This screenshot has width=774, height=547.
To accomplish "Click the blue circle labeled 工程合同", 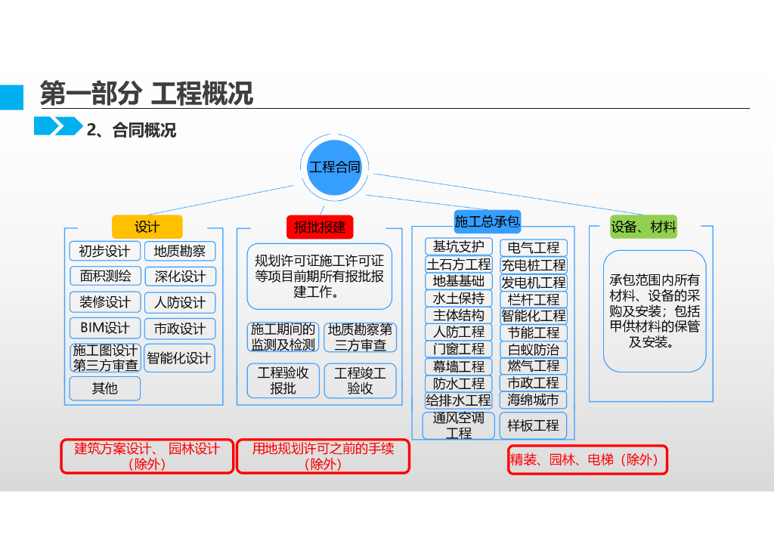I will (x=334, y=167).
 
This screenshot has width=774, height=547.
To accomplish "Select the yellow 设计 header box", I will (x=147, y=227).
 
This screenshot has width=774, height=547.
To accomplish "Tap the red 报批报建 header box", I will (x=320, y=227).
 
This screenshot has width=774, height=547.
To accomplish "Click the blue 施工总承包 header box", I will (x=488, y=221).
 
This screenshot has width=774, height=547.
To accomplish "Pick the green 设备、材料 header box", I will (x=643, y=227).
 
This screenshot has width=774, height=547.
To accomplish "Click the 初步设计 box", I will (x=104, y=251).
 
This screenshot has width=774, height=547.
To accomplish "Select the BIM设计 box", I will (x=104, y=328).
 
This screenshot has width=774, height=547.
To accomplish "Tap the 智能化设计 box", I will (x=179, y=357).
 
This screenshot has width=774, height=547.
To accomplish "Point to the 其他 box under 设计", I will (x=105, y=388).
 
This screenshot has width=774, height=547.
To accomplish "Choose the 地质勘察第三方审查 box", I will (x=361, y=337).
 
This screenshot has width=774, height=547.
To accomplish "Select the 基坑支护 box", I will (x=459, y=247).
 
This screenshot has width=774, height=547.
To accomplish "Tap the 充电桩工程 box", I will (x=534, y=265).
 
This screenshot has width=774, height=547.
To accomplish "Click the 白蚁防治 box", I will (x=534, y=350).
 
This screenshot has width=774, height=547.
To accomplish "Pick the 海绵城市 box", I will (x=534, y=400).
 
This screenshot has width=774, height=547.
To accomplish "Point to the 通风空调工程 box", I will (x=459, y=425).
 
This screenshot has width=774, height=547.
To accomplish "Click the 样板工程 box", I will (x=534, y=425).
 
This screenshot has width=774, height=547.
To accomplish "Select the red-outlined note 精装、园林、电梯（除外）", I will (x=587, y=459).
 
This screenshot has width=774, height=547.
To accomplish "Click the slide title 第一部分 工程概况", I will (x=147, y=94).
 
